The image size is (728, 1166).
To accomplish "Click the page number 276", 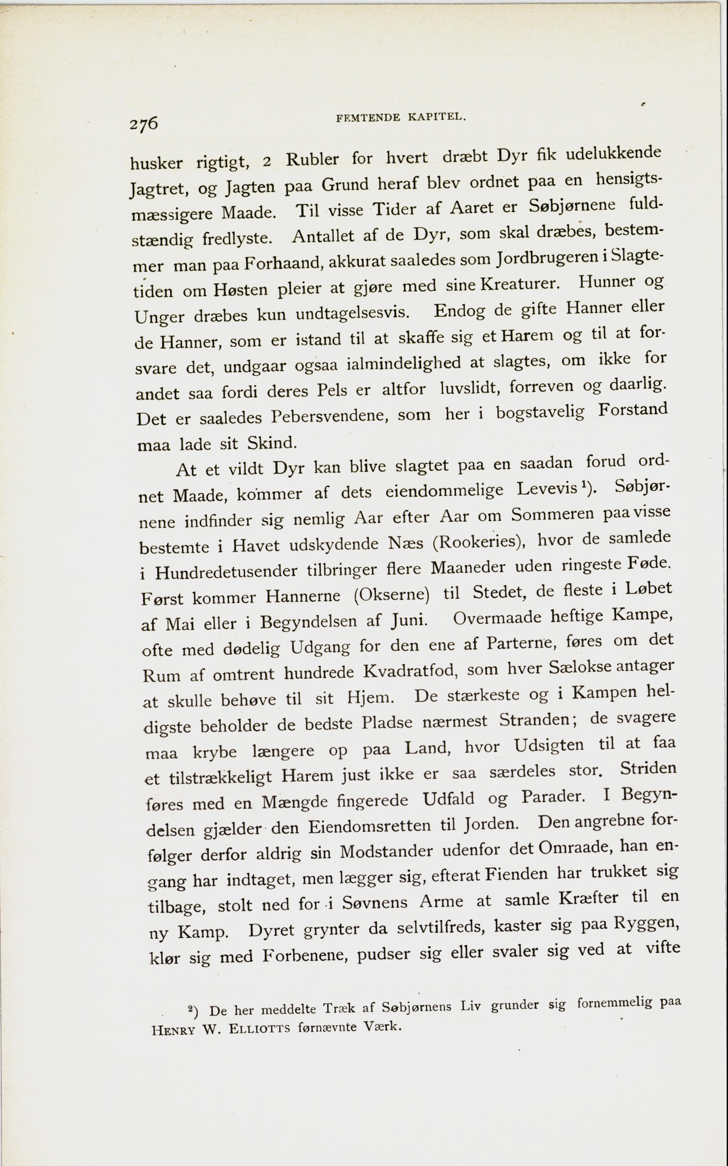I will pos(143,124).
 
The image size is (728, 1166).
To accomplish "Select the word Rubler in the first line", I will pos(313,159).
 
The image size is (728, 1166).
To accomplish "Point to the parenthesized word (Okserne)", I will pos(391,595).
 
